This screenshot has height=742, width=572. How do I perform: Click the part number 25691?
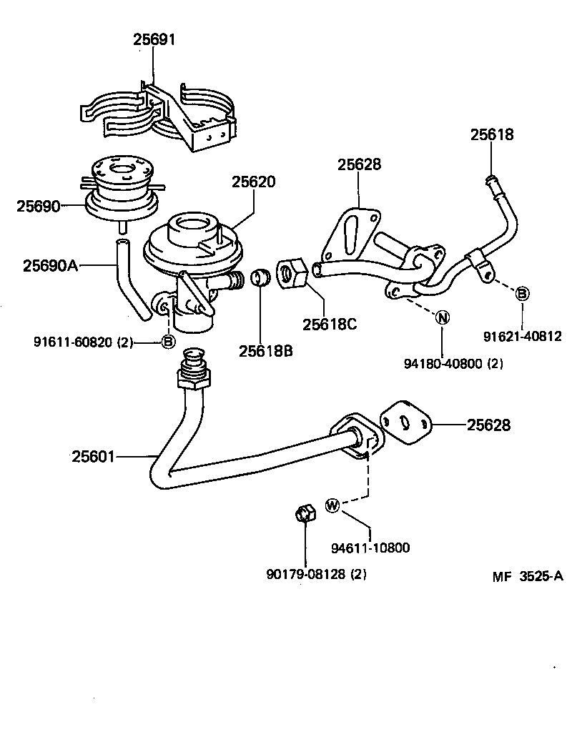[154, 39]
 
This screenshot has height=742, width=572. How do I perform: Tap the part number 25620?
[252, 182]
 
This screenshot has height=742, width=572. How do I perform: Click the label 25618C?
[329, 324]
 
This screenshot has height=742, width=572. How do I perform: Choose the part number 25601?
[92, 455]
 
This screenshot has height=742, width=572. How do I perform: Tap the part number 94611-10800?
[370, 548]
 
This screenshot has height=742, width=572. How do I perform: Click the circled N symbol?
[442, 318]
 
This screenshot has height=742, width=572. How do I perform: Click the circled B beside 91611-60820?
[168, 342]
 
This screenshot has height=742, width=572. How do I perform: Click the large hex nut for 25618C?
[292, 273]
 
